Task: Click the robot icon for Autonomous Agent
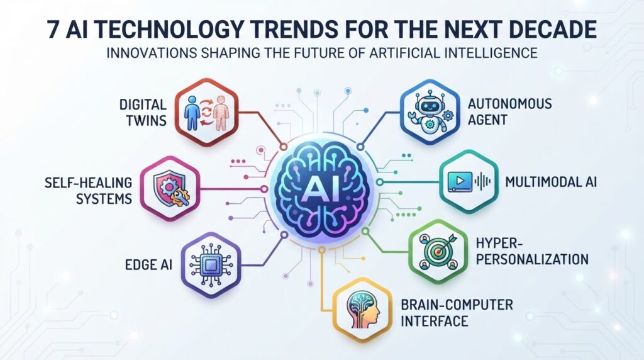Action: coord(429,112)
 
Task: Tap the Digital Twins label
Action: coord(143,112)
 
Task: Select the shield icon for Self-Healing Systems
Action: coord(170,189)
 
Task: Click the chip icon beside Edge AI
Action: coord(211,264)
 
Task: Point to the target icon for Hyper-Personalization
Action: coord(438,251)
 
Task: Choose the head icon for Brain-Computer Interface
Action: coord(363,310)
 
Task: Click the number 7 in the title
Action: coord(52,30)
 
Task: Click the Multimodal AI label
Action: coord(551,182)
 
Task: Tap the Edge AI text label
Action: coord(148,265)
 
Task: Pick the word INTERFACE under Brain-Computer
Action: coord(435,321)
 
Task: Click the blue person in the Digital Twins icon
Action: coord(192,113)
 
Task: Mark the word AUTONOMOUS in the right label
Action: coord(509,104)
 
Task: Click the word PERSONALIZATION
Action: coord(532,259)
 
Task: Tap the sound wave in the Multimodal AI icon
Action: coord(483,181)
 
